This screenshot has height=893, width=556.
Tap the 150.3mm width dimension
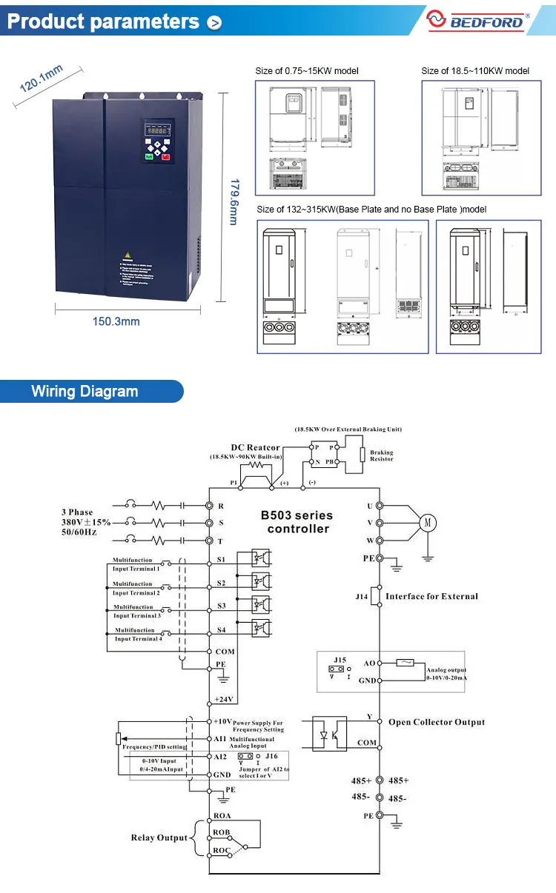pyautogui.click(x=116, y=321)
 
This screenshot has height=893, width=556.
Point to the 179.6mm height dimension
pyautogui.click(x=233, y=201)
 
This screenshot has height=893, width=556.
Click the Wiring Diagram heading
pyautogui.click(x=85, y=392)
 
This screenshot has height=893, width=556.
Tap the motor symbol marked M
pyautogui.click(x=427, y=523)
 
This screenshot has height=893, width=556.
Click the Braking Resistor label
pyautogui.click(x=382, y=455)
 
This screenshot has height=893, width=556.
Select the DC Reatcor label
pyautogui.click(x=255, y=447)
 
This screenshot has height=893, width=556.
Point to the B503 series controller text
pyautogui.click(x=298, y=522)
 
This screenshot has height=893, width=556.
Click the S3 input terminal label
pyautogui.click(x=221, y=606)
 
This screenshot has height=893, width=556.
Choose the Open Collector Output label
pyautogui.click(x=436, y=722)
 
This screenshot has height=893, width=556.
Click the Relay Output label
pyautogui.click(x=159, y=837)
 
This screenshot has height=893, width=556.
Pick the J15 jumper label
pyautogui.click(x=339, y=659)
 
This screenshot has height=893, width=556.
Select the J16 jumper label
pyautogui.click(x=271, y=756)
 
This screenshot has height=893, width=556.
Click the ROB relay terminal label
pyautogui.click(x=222, y=833)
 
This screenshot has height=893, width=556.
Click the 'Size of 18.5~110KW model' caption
pyautogui.click(x=475, y=71)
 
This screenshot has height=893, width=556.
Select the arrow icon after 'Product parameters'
pyautogui.click(x=215, y=23)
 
